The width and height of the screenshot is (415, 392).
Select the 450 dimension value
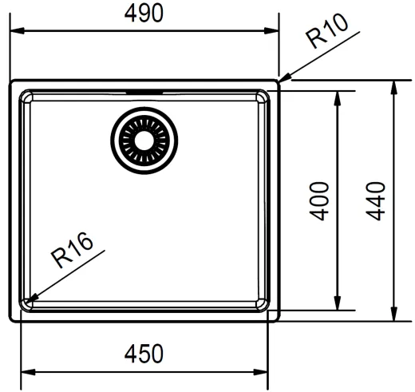click(144, 352)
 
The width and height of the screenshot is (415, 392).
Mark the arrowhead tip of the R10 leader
click(279, 81)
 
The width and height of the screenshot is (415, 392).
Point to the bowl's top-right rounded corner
click(263, 97)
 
